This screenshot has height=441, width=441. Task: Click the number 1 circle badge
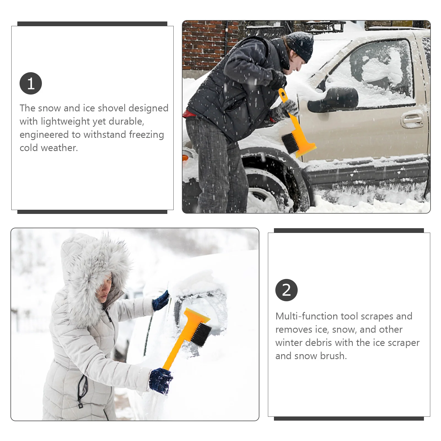31,83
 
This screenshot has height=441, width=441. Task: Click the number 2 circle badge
286,290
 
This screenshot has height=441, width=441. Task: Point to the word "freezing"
146,135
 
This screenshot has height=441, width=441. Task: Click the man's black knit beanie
301,46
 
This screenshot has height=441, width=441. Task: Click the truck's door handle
412,120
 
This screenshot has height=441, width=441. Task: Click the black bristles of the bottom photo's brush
201,335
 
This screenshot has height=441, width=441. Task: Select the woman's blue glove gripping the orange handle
161,381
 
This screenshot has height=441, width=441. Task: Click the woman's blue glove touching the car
161,301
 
